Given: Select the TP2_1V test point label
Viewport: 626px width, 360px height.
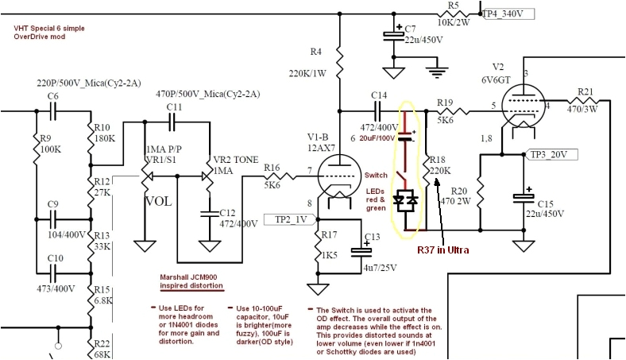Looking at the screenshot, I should [292, 219].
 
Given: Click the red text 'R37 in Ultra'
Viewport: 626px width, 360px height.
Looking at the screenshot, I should [444, 250].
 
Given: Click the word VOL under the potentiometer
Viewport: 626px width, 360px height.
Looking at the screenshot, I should [157, 201].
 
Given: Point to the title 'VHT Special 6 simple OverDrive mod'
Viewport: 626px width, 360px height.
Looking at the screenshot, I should [48, 33].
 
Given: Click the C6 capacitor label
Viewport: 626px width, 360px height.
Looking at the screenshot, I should [53, 96].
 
